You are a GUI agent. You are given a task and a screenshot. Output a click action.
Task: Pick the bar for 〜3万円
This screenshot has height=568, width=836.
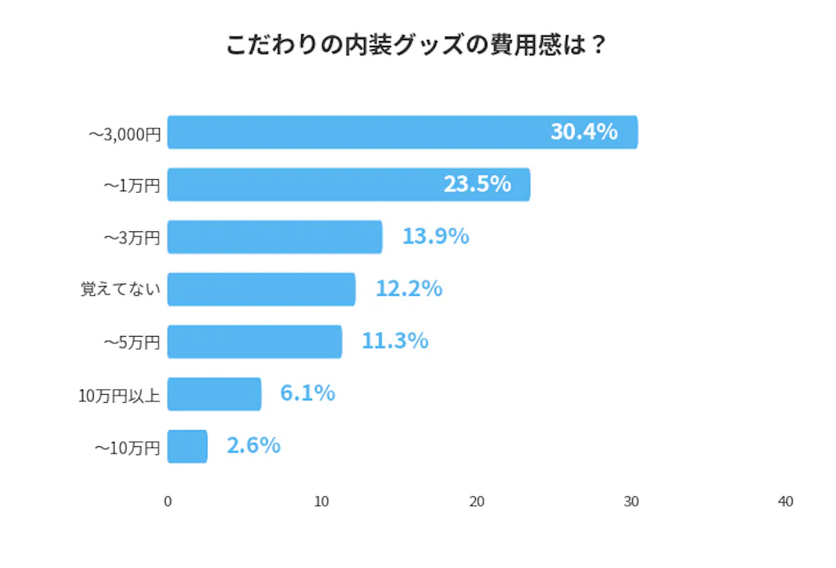(x=274, y=237)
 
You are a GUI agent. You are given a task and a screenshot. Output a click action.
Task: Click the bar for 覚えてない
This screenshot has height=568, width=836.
(x=261, y=289)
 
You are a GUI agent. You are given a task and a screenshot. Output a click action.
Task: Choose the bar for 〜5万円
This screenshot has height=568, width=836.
(x=255, y=342)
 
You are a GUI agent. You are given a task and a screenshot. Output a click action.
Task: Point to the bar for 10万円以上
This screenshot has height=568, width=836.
(x=214, y=394)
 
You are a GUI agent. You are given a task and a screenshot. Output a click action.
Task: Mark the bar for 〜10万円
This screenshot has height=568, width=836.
(x=187, y=446)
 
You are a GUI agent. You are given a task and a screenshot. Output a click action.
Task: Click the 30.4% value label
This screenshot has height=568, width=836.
(x=583, y=132)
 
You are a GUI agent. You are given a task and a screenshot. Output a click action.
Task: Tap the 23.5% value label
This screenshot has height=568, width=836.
(x=477, y=184)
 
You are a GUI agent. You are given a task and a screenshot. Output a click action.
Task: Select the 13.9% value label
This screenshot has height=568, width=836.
(x=435, y=236)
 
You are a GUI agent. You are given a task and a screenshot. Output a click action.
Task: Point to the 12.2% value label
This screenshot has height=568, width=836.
(x=408, y=288)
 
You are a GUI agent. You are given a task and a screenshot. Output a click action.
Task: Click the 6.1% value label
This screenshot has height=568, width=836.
(x=307, y=393)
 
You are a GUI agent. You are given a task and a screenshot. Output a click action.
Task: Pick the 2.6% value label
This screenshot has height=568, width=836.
(x=253, y=445)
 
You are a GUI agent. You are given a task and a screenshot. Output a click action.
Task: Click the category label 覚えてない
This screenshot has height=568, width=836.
(x=120, y=289)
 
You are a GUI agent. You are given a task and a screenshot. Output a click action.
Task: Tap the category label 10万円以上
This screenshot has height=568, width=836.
(x=119, y=395)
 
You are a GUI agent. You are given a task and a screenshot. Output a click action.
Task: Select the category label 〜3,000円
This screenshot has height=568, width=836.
(x=125, y=133)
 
